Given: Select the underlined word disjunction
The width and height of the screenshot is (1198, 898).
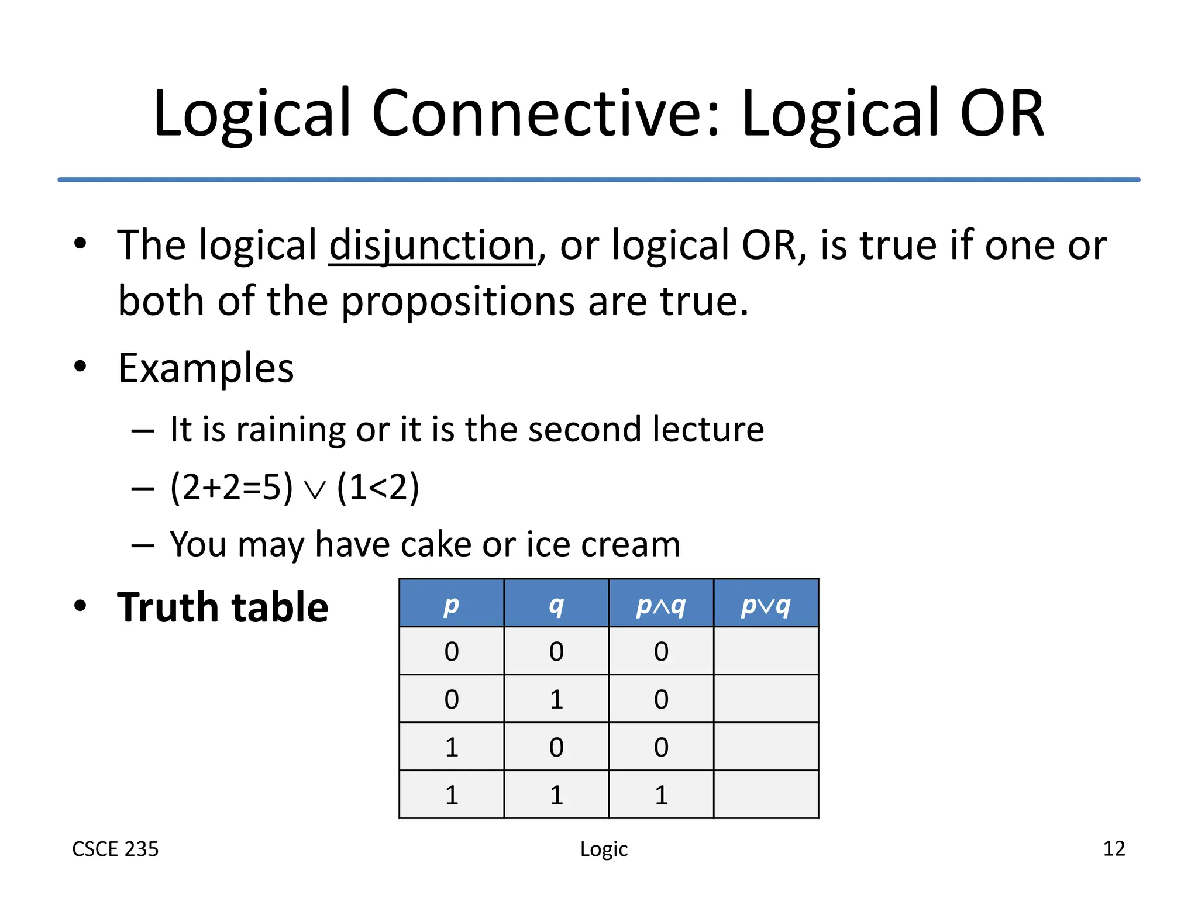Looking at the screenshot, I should tap(432, 246).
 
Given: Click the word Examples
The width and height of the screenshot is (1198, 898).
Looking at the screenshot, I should tap(206, 368).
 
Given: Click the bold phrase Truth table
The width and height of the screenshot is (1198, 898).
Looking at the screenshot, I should tap(222, 607).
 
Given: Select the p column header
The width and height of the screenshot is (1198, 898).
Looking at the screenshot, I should tap(451, 604).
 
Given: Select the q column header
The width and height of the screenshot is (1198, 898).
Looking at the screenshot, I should tap(556, 604).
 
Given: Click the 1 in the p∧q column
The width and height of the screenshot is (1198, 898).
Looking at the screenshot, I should tap(661, 795).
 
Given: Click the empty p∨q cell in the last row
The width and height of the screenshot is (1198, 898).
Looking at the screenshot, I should tap(766, 795).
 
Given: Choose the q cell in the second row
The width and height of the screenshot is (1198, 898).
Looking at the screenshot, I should tap(556, 699).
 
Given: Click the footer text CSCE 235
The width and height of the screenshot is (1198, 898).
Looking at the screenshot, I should tap(115, 849).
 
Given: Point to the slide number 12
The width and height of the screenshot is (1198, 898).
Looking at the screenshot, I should tap(1114, 848).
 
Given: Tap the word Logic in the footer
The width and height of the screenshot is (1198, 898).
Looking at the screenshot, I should tap(604, 849).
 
